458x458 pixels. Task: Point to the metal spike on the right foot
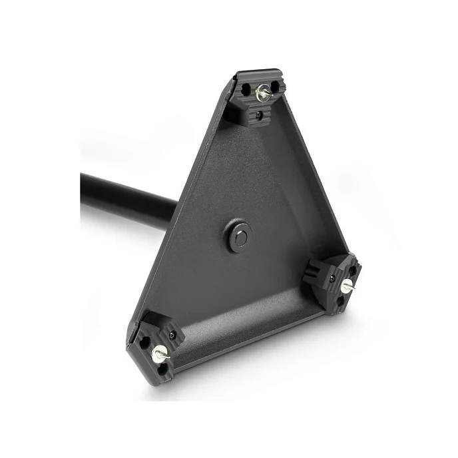349,284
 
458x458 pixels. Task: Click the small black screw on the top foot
259,115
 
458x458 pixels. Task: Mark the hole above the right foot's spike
347,267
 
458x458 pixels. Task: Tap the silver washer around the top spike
262,95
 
